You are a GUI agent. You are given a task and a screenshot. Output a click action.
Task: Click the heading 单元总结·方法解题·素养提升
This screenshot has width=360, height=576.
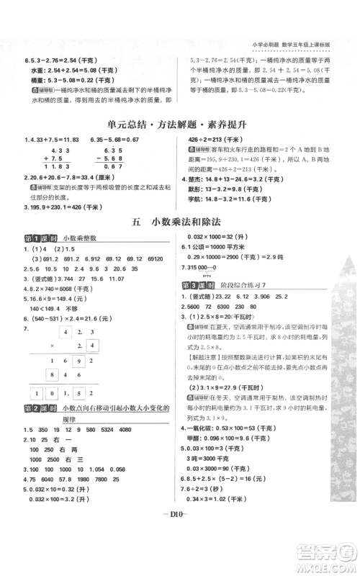coord(179,125)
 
